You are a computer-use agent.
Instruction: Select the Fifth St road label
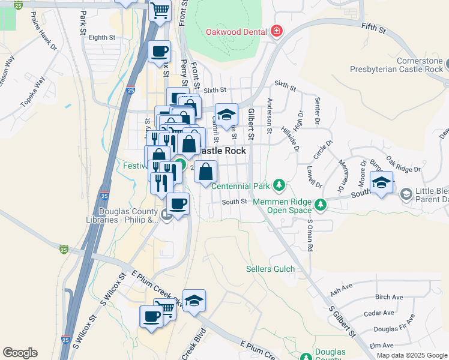[373, 26]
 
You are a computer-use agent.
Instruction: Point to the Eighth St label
[101, 37]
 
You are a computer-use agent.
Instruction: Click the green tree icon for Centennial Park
[279, 184]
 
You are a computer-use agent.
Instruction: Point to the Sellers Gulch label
[271, 269]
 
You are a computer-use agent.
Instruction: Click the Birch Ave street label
[388, 297]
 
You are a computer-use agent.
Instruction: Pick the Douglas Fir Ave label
[394, 329]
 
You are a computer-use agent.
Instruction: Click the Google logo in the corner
[20, 353]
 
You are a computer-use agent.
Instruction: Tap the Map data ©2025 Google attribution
[412, 355]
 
